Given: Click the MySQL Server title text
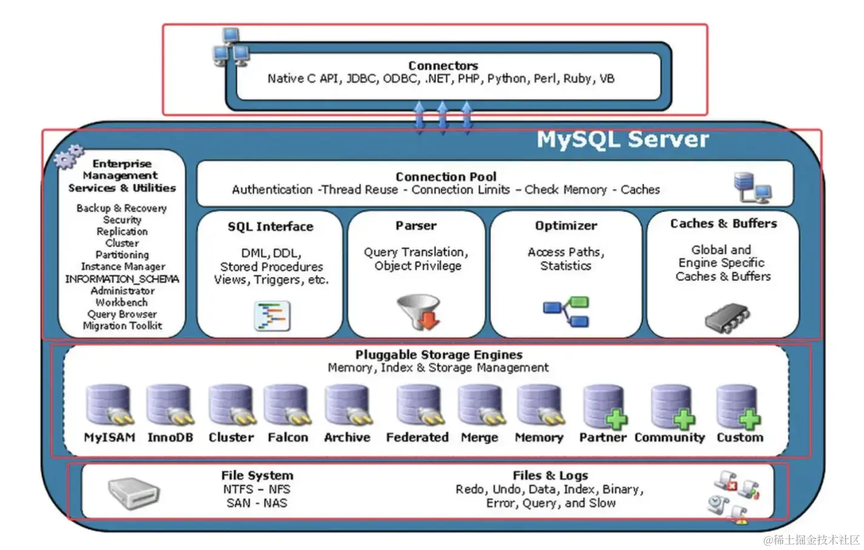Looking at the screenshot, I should pyautogui.click(x=622, y=140).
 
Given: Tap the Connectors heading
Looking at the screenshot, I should pyautogui.click(x=443, y=65).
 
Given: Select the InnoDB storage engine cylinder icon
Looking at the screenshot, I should pyautogui.click(x=169, y=405).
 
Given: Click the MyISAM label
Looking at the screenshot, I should pyautogui.click(x=110, y=437).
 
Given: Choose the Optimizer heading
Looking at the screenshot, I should pyautogui.click(x=566, y=226).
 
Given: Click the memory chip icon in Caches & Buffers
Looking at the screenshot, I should pyautogui.click(x=727, y=317).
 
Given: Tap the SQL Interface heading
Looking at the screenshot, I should pyautogui.click(x=270, y=227).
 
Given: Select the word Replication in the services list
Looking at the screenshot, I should pyautogui.click(x=122, y=231).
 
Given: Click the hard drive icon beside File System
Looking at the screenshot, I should pyautogui.click(x=133, y=492).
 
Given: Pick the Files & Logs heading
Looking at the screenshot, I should pyautogui.click(x=550, y=475).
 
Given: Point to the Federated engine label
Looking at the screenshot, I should pyautogui.click(x=417, y=437).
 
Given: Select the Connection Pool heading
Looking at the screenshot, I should pyautogui.click(x=446, y=177).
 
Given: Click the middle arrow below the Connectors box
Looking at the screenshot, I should pyautogui.click(x=442, y=116).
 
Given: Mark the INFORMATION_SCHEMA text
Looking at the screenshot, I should pyautogui.click(x=122, y=279).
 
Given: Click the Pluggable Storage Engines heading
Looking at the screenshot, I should pyautogui.click(x=439, y=355).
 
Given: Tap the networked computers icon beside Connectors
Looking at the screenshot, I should pyautogui.click(x=230, y=48).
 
